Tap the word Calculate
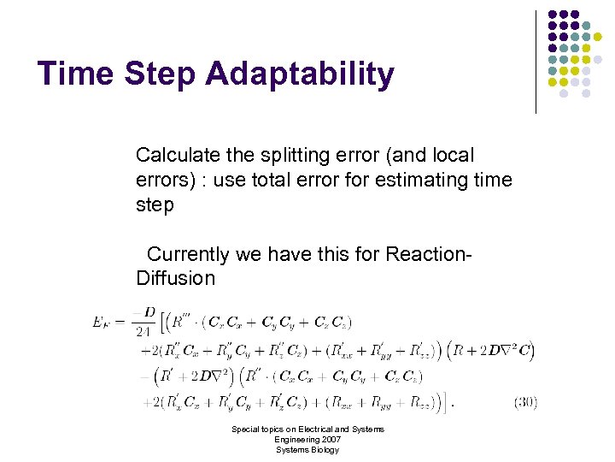click(176, 156)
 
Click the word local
click(454, 156)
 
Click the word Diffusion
click(175, 278)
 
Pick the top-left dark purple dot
click(553, 15)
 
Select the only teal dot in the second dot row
click(586, 26)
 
